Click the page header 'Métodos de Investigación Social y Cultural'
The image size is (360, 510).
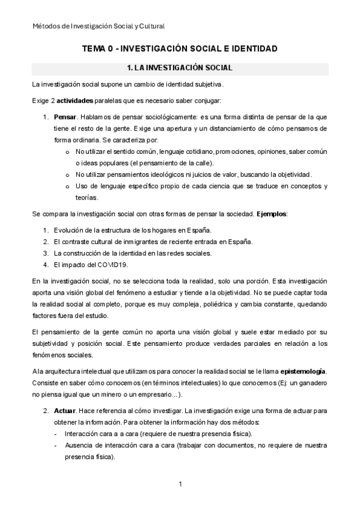pos(99,26)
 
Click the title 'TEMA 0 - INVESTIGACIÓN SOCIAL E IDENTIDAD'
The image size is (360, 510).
pos(180,48)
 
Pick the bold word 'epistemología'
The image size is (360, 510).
pos(303,371)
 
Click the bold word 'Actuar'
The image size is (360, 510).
pos(65,411)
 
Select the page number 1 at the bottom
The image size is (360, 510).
pos(180,484)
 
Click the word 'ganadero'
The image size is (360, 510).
pos(310,382)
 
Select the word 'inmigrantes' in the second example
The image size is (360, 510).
pos(133,242)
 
